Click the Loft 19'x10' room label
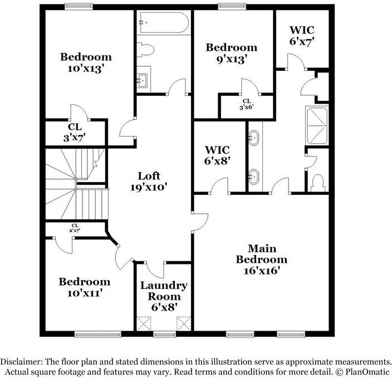point(141,181)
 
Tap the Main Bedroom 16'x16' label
point(261,259)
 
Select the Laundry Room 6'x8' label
point(163,296)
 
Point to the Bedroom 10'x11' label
point(85,286)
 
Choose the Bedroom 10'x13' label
point(86,62)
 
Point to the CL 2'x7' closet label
point(74,228)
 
